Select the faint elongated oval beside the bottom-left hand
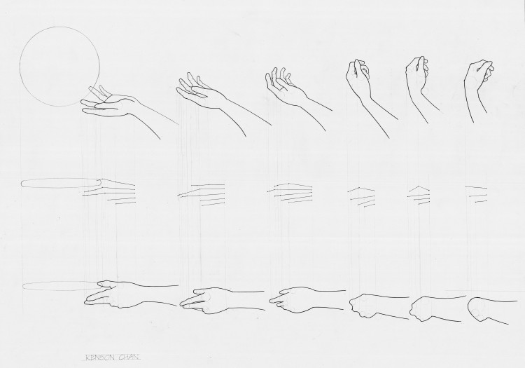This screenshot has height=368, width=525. click(x=60, y=286)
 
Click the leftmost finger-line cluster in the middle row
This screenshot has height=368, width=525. click(x=108, y=191)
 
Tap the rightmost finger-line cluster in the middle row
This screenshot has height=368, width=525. click(x=477, y=194)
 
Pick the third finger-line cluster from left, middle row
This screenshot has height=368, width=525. click(x=290, y=192)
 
